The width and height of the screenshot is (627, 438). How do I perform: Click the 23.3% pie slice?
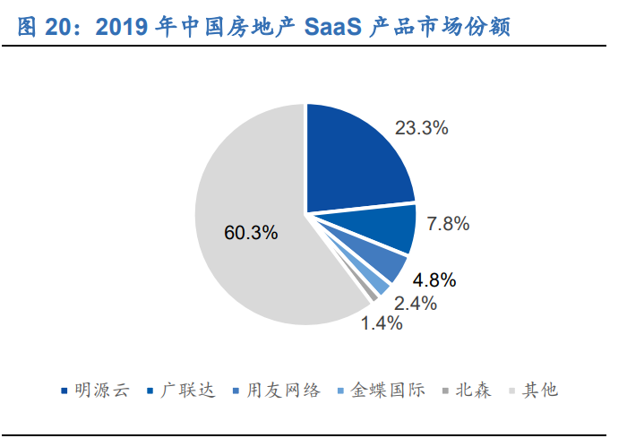(x=354, y=161)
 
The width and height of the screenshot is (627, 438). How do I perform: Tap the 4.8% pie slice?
(x=381, y=263)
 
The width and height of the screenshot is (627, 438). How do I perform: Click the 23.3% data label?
(x=421, y=128)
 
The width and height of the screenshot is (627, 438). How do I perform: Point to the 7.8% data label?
(x=449, y=224)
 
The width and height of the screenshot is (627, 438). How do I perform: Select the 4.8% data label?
(x=434, y=279)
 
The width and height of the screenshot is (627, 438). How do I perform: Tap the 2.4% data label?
(x=415, y=304)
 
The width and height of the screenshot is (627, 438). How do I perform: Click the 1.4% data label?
(x=382, y=323)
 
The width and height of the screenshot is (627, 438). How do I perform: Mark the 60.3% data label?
(x=251, y=233)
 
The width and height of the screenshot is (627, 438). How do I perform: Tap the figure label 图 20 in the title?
(x=46, y=27)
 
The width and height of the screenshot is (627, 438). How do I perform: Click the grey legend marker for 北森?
(x=445, y=391)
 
